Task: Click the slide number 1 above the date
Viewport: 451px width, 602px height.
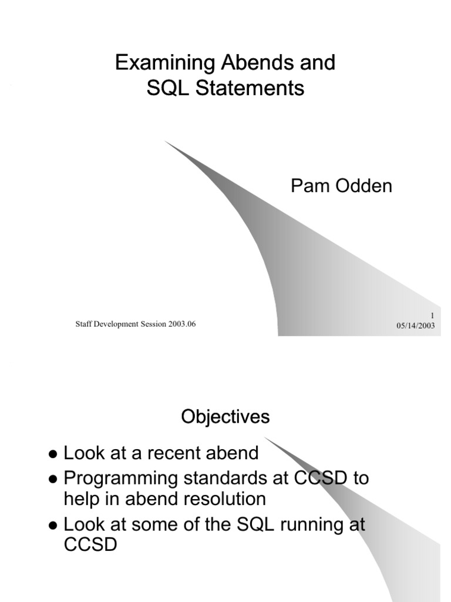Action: click(432, 316)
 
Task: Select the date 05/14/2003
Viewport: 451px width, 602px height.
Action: click(415, 326)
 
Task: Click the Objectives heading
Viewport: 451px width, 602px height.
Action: click(225, 417)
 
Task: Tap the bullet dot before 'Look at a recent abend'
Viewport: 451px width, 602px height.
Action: click(53, 455)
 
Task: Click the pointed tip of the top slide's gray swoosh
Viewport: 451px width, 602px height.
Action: click(166, 142)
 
